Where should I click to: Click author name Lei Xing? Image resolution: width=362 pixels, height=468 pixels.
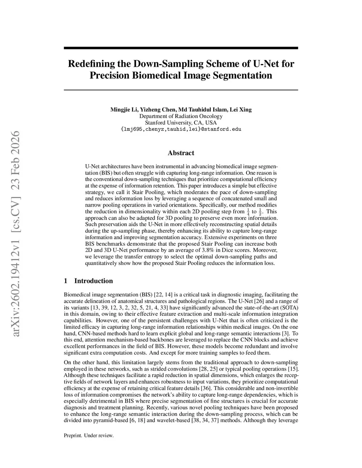pyautogui.click(x=240, y=109)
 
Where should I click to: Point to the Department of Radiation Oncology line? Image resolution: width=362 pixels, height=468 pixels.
pyautogui.click(x=181, y=116)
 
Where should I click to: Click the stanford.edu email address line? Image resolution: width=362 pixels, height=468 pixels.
pyautogui.click(x=181, y=129)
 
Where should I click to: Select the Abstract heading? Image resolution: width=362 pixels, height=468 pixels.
pyautogui.click(x=181, y=153)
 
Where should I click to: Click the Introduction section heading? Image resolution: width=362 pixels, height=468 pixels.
pyautogui.click(x=93, y=281)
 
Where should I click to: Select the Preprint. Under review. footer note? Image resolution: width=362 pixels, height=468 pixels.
pyautogui.click(x=89, y=436)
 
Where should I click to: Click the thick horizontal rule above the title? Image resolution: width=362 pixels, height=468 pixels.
pyautogui.click(x=181, y=48)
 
